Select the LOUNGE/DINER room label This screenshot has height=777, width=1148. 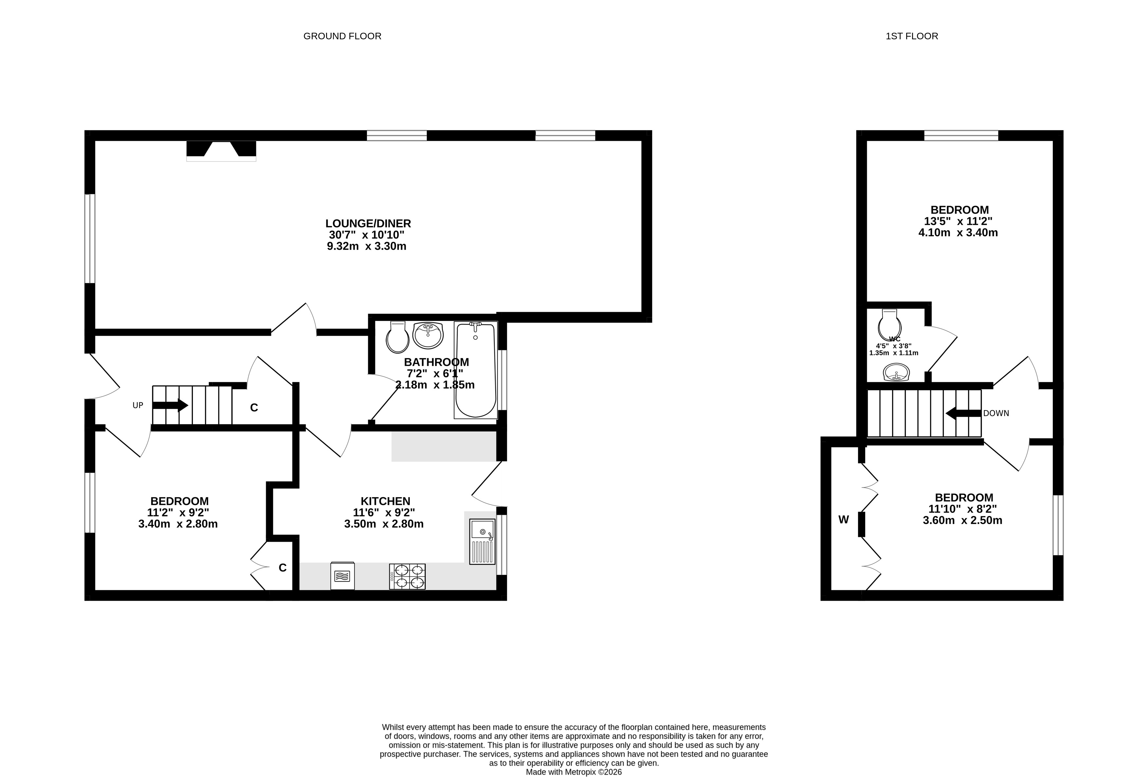368,223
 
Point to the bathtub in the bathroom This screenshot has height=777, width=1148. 476,370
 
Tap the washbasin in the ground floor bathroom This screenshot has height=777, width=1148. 428,335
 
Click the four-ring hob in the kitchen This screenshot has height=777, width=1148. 407,576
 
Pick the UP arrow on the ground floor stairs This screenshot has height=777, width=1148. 170,405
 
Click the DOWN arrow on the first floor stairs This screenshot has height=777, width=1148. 963,413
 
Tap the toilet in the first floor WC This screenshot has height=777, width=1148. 890,325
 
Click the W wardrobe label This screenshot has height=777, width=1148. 844,520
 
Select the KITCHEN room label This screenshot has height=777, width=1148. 385,501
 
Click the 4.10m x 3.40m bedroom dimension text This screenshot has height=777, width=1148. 958,232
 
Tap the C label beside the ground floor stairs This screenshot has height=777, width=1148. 254,408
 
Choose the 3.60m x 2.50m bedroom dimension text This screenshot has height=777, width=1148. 962,520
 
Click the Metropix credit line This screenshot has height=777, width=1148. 574,771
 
